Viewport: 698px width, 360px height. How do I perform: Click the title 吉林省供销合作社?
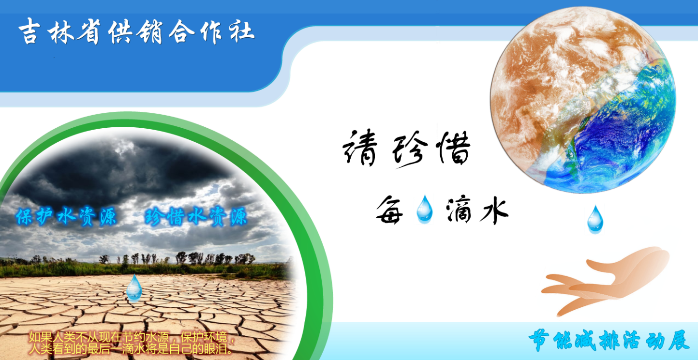[136, 31]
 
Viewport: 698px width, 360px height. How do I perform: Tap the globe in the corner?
[583, 100]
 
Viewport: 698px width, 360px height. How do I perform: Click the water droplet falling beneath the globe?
[595, 219]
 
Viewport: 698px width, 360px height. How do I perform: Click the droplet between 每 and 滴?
[424, 209]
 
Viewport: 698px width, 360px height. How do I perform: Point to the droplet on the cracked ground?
[134, 288]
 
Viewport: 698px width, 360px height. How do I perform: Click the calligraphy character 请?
[360, 148]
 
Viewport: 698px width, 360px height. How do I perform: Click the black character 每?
[389, 210]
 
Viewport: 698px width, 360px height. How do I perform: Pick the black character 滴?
[459, 210]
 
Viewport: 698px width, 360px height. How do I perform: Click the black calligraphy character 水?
[494, 210]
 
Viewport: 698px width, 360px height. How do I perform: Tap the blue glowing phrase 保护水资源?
[66, 216]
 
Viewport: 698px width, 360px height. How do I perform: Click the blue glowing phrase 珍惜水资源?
[196, 216]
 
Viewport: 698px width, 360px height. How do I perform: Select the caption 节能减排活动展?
[609, 340]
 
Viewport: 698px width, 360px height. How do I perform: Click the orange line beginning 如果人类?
[132, 338]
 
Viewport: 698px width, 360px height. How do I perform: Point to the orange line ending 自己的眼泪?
[131, 349]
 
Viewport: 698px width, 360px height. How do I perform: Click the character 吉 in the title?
[30, 30]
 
